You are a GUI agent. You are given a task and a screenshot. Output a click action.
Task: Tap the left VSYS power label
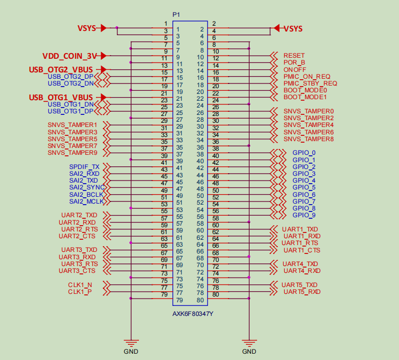click(x=87, y=28)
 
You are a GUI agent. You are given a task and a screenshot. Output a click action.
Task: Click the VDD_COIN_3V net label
click(x=70, y=56)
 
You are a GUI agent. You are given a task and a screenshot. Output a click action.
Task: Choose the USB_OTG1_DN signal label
click(x=70, y=104)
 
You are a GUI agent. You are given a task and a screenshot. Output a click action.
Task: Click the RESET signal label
click(x=294, y=56)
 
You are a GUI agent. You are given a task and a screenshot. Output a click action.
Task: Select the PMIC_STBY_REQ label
click(x=310, y=83)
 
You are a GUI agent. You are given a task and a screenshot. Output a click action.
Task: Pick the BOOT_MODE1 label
click(x=305, y=97)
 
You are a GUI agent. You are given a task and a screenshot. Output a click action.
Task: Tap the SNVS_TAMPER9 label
click(x=72, y=153)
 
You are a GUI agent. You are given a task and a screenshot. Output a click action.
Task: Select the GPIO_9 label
click(x=304, y=215)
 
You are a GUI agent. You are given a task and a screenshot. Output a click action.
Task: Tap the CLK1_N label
click(x=80, y=284)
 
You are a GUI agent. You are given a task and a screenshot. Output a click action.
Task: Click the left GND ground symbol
click(x=131, y=342)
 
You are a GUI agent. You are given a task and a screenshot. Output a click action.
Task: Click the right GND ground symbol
click(x=250, y=342)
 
